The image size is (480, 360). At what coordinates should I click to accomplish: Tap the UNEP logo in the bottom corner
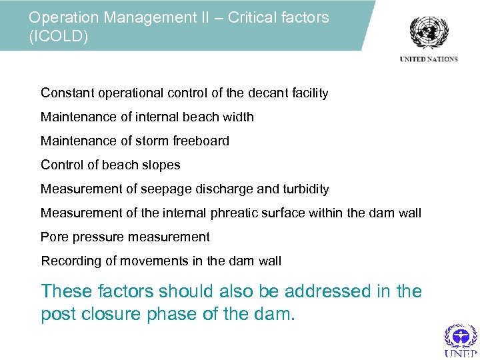460,339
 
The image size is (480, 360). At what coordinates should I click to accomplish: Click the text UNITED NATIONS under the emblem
429,59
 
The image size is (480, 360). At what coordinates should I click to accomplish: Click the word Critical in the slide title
253,17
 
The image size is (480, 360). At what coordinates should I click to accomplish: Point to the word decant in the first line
253,93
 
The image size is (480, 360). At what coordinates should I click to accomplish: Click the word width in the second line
237,117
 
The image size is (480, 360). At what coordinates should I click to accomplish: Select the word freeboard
201,141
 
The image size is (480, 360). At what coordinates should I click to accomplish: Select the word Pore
53,237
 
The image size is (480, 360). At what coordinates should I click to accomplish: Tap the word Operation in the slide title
62,17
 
